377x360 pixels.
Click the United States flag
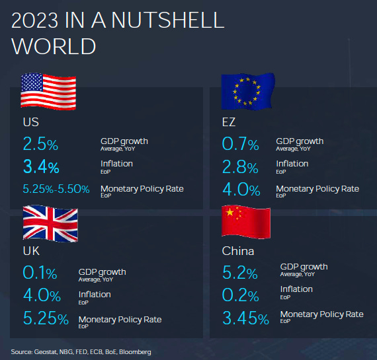pos(48,92)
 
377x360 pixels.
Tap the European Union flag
pos(248,92)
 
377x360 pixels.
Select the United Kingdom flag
pos(50,223)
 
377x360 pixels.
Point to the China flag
pos(246,222)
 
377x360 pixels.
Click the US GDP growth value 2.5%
pos(40,144)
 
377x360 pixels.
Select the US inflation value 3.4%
pos(41,166)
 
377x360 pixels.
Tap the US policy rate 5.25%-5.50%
pos(56,189)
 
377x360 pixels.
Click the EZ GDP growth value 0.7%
pos(241,144)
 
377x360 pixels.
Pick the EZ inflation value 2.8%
pos(240,166)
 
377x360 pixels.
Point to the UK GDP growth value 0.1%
pos(40,273)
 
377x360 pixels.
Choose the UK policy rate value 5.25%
pos(46,318)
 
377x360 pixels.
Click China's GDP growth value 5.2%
pos(240,273)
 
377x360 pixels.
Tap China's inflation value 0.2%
pos(241,295)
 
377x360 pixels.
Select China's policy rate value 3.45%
pos(246,318)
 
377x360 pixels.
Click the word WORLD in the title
pos(54,46)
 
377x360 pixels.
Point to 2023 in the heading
pos(34,20)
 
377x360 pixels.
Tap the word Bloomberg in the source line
pos(135,352)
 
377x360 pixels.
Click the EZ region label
pos(229,122)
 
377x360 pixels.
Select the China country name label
pos(238,251)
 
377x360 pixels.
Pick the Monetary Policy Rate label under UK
pos(120,320)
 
